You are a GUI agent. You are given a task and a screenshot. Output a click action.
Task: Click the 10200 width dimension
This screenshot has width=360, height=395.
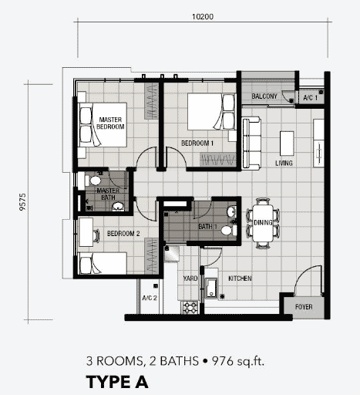[x=203, y=17]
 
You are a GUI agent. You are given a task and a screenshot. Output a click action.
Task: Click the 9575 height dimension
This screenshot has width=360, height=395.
[x=22, y=202]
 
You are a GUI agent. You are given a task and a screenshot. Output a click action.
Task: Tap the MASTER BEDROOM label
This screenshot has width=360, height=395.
[x=110, y=123]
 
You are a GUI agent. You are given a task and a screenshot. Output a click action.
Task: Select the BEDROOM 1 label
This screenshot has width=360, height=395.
[x=197, y=143]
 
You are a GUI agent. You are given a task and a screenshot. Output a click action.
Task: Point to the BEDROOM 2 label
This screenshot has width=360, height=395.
[x=123, y=234]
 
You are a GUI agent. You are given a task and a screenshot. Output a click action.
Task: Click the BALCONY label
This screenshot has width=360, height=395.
[x=264, y=96]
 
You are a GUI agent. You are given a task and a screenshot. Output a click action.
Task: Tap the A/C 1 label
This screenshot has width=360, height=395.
[x=310, y=98]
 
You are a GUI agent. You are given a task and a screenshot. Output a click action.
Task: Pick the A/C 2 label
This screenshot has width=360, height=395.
[x=150, y=298]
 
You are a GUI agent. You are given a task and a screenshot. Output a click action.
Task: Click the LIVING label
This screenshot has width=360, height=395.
[x=284, y=163]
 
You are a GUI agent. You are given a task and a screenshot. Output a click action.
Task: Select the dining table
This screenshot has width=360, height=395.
[x=263, y=223]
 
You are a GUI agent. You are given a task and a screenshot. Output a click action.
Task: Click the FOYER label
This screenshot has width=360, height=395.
[x=304, y=307]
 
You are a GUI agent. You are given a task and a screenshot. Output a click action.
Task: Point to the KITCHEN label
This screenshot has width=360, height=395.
[x=240, y=279]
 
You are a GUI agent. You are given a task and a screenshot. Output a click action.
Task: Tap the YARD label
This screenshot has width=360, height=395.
[x=190, y=279]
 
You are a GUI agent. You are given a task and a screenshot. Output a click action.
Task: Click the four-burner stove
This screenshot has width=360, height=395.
[x=190, y=307]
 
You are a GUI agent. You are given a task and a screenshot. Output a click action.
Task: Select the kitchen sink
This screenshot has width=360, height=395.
[x=211, y=289]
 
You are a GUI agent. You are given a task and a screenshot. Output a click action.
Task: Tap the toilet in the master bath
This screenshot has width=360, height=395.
[x=93, y=181]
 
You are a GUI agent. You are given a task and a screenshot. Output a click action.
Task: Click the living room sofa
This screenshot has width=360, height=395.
[x=251, y=143]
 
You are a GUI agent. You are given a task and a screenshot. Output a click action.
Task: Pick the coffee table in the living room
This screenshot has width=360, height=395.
[x=287, y=143]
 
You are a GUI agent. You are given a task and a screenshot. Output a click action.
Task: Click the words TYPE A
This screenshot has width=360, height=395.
[x=117, y=382]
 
